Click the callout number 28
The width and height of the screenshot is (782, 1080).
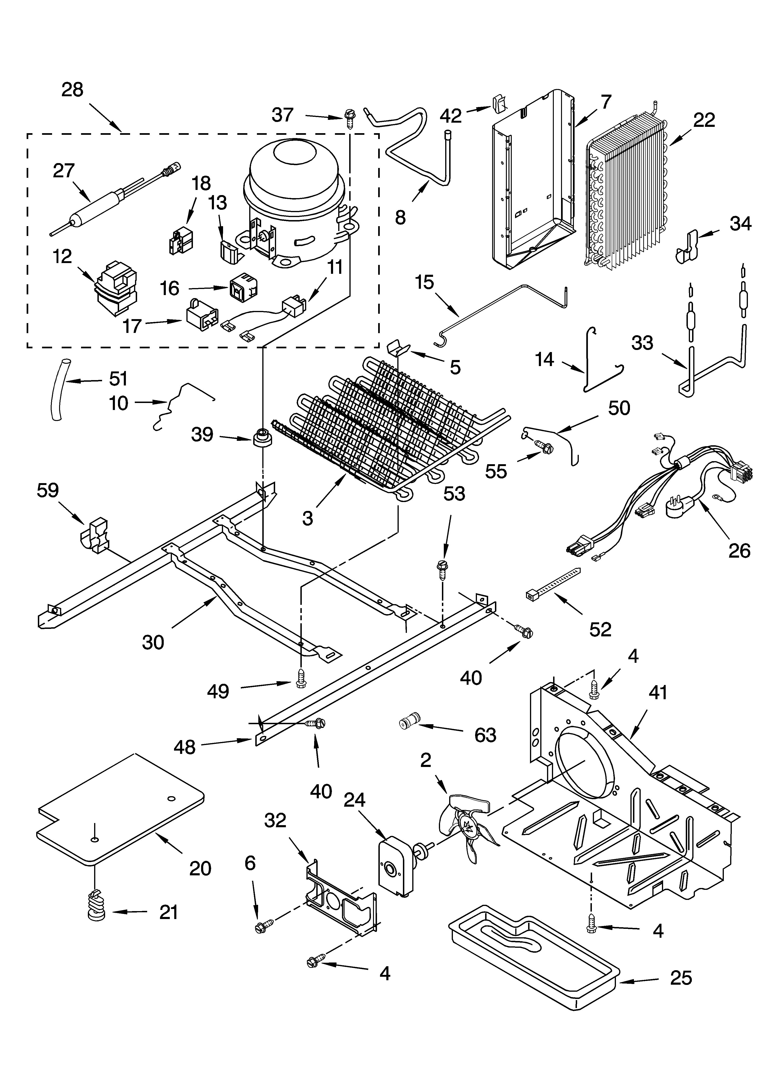coord(72,89)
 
